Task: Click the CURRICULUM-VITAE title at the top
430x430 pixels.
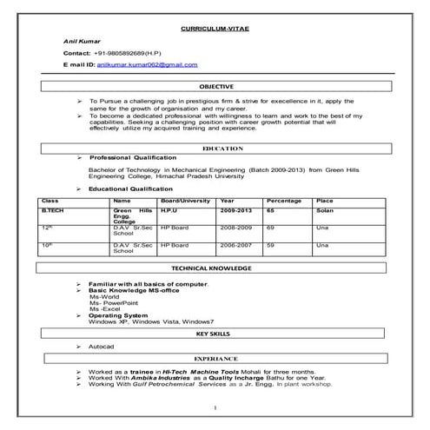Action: click(x=215, y=29)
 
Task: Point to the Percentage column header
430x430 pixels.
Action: click(x=284, y=200)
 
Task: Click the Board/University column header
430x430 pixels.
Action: click(x=185, y=200)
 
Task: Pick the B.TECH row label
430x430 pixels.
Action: click(x=54, y=210)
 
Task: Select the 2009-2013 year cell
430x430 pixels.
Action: click(x=236, y=210)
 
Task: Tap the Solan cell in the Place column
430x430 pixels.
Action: click(x=324, y=210)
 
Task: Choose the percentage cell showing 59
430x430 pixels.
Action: click(x=271, y=245)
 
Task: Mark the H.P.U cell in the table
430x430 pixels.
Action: click(x=170, y=210)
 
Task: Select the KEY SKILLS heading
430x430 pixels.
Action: click(x=215, y=333)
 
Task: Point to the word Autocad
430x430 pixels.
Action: click(x=101, y=346)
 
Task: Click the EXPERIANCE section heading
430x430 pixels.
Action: click(x=215, y=357)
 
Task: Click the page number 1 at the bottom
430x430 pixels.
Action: click(x=214, y=408)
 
